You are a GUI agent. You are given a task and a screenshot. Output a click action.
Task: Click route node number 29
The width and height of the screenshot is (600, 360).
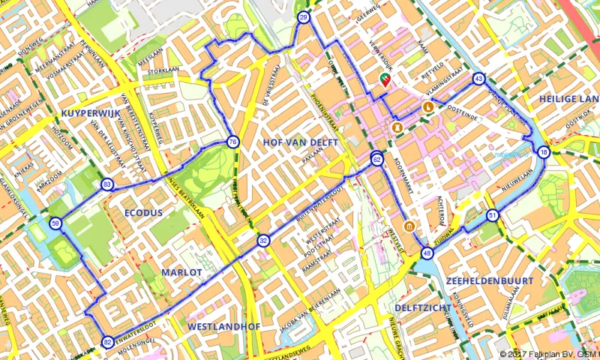click(x=303, y=18)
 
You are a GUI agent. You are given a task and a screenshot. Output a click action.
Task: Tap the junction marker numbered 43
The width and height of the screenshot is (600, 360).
click(x=478, y=79)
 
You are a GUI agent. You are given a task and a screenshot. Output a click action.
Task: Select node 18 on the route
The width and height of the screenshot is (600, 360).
click(x=543, y=152)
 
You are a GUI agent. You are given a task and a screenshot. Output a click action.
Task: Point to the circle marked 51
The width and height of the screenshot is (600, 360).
click(x=492, y=215)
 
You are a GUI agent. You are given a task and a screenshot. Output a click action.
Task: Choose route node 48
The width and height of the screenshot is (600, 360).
click(x=427, y=253)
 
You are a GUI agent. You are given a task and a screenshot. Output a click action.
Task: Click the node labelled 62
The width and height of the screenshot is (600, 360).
click(x=376, y=159)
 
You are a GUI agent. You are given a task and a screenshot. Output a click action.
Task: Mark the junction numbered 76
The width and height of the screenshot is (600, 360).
click(x=232, y=142)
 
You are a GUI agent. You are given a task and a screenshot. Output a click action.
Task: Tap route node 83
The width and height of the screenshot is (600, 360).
click(x=108, y=185)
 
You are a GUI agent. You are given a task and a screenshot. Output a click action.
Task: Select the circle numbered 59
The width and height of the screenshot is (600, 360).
click(x=55, y=223)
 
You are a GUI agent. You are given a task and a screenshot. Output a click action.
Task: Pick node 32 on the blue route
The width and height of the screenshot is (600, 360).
click(x=263, y=241)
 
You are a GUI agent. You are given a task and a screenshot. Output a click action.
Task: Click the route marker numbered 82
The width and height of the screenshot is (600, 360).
click(x=108, y=342)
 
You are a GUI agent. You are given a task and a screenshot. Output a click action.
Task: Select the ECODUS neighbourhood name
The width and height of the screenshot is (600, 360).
click(x=143, y=213)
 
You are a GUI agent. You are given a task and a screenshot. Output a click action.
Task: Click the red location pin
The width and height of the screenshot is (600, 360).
click(x=385, y=79)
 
